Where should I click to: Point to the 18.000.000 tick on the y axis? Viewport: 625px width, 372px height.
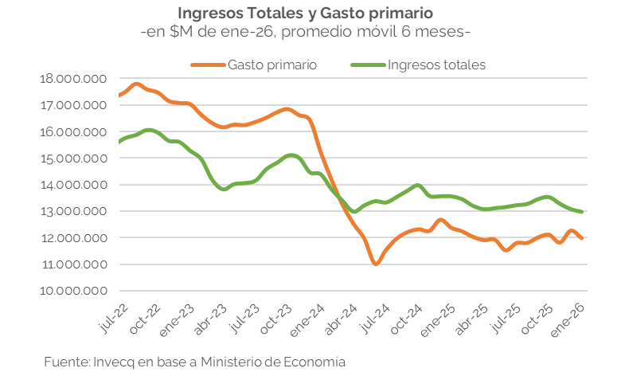[x=72, y=79]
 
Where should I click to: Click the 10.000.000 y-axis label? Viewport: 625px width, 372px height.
[x=72, y=291]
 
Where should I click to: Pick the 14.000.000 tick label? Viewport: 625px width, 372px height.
[x=72, y=185]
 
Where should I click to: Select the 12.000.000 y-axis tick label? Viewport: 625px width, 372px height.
[x=72, y=238]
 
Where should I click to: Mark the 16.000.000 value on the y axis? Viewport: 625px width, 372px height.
[x=72, y=131]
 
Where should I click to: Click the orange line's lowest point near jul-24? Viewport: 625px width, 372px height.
[x=376, y=264]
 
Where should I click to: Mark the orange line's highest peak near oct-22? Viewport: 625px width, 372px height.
[x=137, y=84]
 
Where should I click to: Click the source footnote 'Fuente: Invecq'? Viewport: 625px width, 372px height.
[x=195, y=361]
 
